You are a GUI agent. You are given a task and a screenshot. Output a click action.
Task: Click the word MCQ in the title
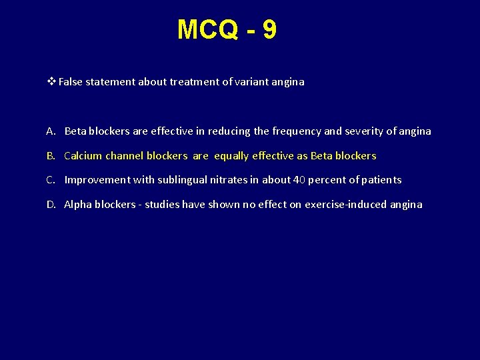tap(207, 29)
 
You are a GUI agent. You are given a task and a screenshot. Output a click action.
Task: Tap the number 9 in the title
tap(269, 29)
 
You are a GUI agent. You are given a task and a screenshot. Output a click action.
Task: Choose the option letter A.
tap(51, 131)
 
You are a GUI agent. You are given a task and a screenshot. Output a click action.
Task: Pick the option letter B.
tap(51, 156)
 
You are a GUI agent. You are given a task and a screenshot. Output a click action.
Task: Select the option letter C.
tap(51, 180)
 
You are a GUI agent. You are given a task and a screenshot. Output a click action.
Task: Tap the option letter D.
tap(51, 205)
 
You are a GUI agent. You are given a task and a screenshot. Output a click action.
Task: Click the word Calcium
tap(83, 156)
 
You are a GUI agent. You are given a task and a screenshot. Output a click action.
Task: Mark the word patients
tap(381, 180)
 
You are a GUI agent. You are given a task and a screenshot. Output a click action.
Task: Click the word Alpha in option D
tap(77, 205)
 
